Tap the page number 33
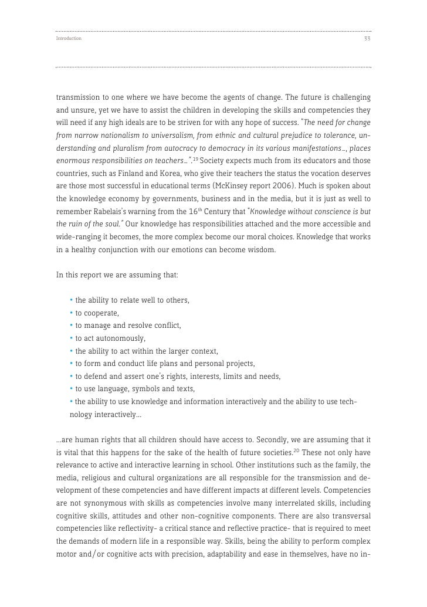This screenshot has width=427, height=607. (x=367, y=39)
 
